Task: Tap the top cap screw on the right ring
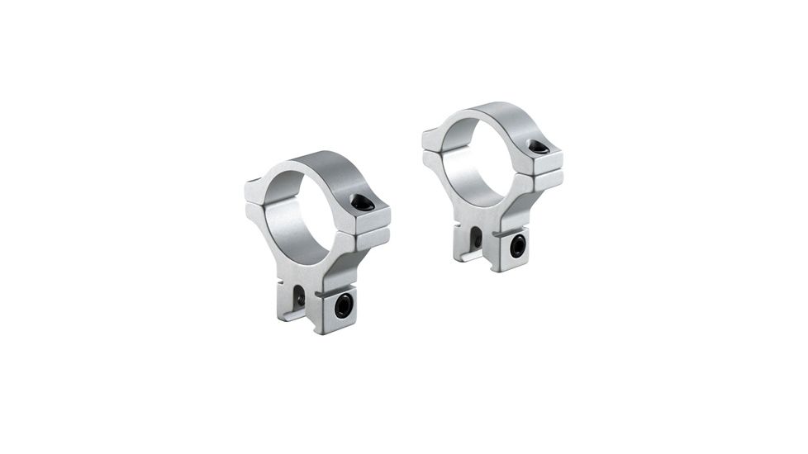(538, 148)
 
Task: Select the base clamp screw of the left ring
(343, 305)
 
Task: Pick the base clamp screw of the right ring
(518, 246)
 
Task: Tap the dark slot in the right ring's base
(476, 238)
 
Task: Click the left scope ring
(318, 239)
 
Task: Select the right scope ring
(493, 186)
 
